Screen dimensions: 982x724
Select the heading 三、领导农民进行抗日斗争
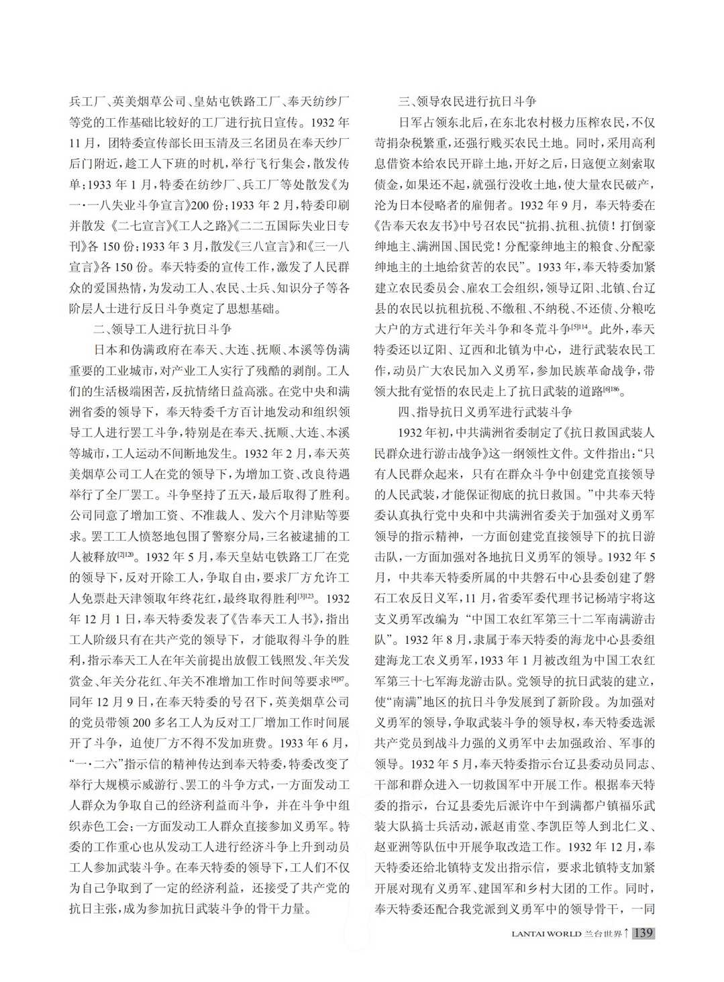(467, 101)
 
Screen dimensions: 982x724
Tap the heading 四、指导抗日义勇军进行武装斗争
(485, 411)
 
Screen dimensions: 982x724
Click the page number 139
(643, 933)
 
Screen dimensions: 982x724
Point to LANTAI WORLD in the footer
(546, 934)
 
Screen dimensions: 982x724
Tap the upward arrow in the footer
(625, 933)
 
